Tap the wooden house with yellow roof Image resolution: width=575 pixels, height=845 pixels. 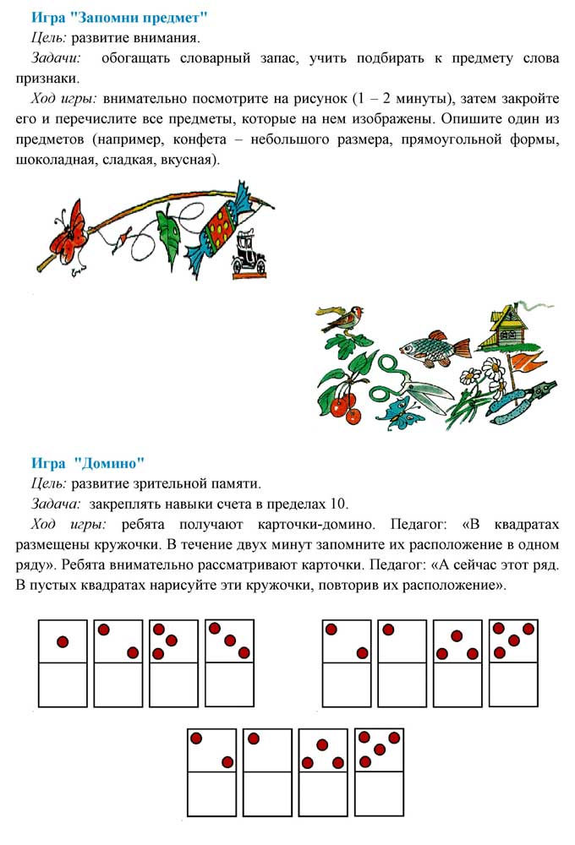[509, 321]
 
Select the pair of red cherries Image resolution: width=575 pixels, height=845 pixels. [345, 406]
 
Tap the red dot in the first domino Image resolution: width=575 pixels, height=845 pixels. [63, 642]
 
